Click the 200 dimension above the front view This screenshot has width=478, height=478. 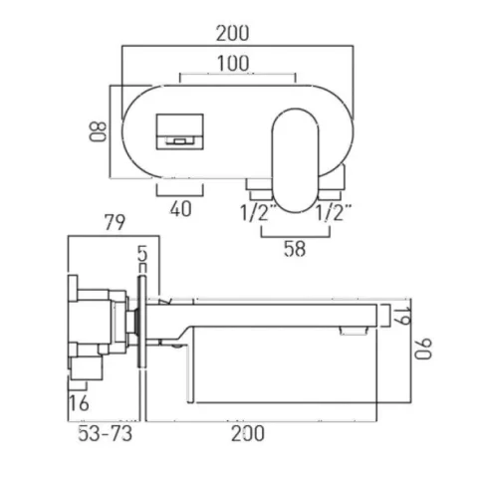tap(240, 33)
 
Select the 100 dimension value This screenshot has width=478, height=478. tap(236, 64)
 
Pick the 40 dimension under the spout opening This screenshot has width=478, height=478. tap(179, 209)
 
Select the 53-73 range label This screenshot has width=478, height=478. tap(105, 434)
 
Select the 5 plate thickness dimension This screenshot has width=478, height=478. tap(143, 256)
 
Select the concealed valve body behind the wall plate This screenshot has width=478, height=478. tap(100, 324)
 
